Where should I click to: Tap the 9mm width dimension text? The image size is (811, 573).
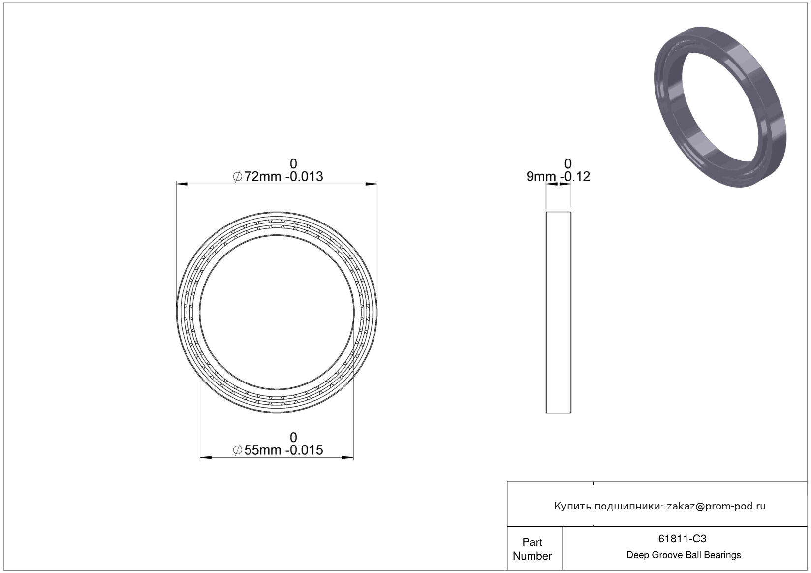point(541,176)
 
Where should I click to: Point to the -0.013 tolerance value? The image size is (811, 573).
point(304,176)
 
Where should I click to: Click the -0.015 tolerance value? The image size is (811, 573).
point(304,450)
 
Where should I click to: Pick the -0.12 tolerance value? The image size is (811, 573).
point(575,176)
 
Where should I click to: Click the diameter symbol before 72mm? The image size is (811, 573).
point(238,177)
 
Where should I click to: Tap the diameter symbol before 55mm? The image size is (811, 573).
point(238,450)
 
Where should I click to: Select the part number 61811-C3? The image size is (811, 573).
point(682,539)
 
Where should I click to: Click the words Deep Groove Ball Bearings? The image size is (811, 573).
point(684,555)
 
